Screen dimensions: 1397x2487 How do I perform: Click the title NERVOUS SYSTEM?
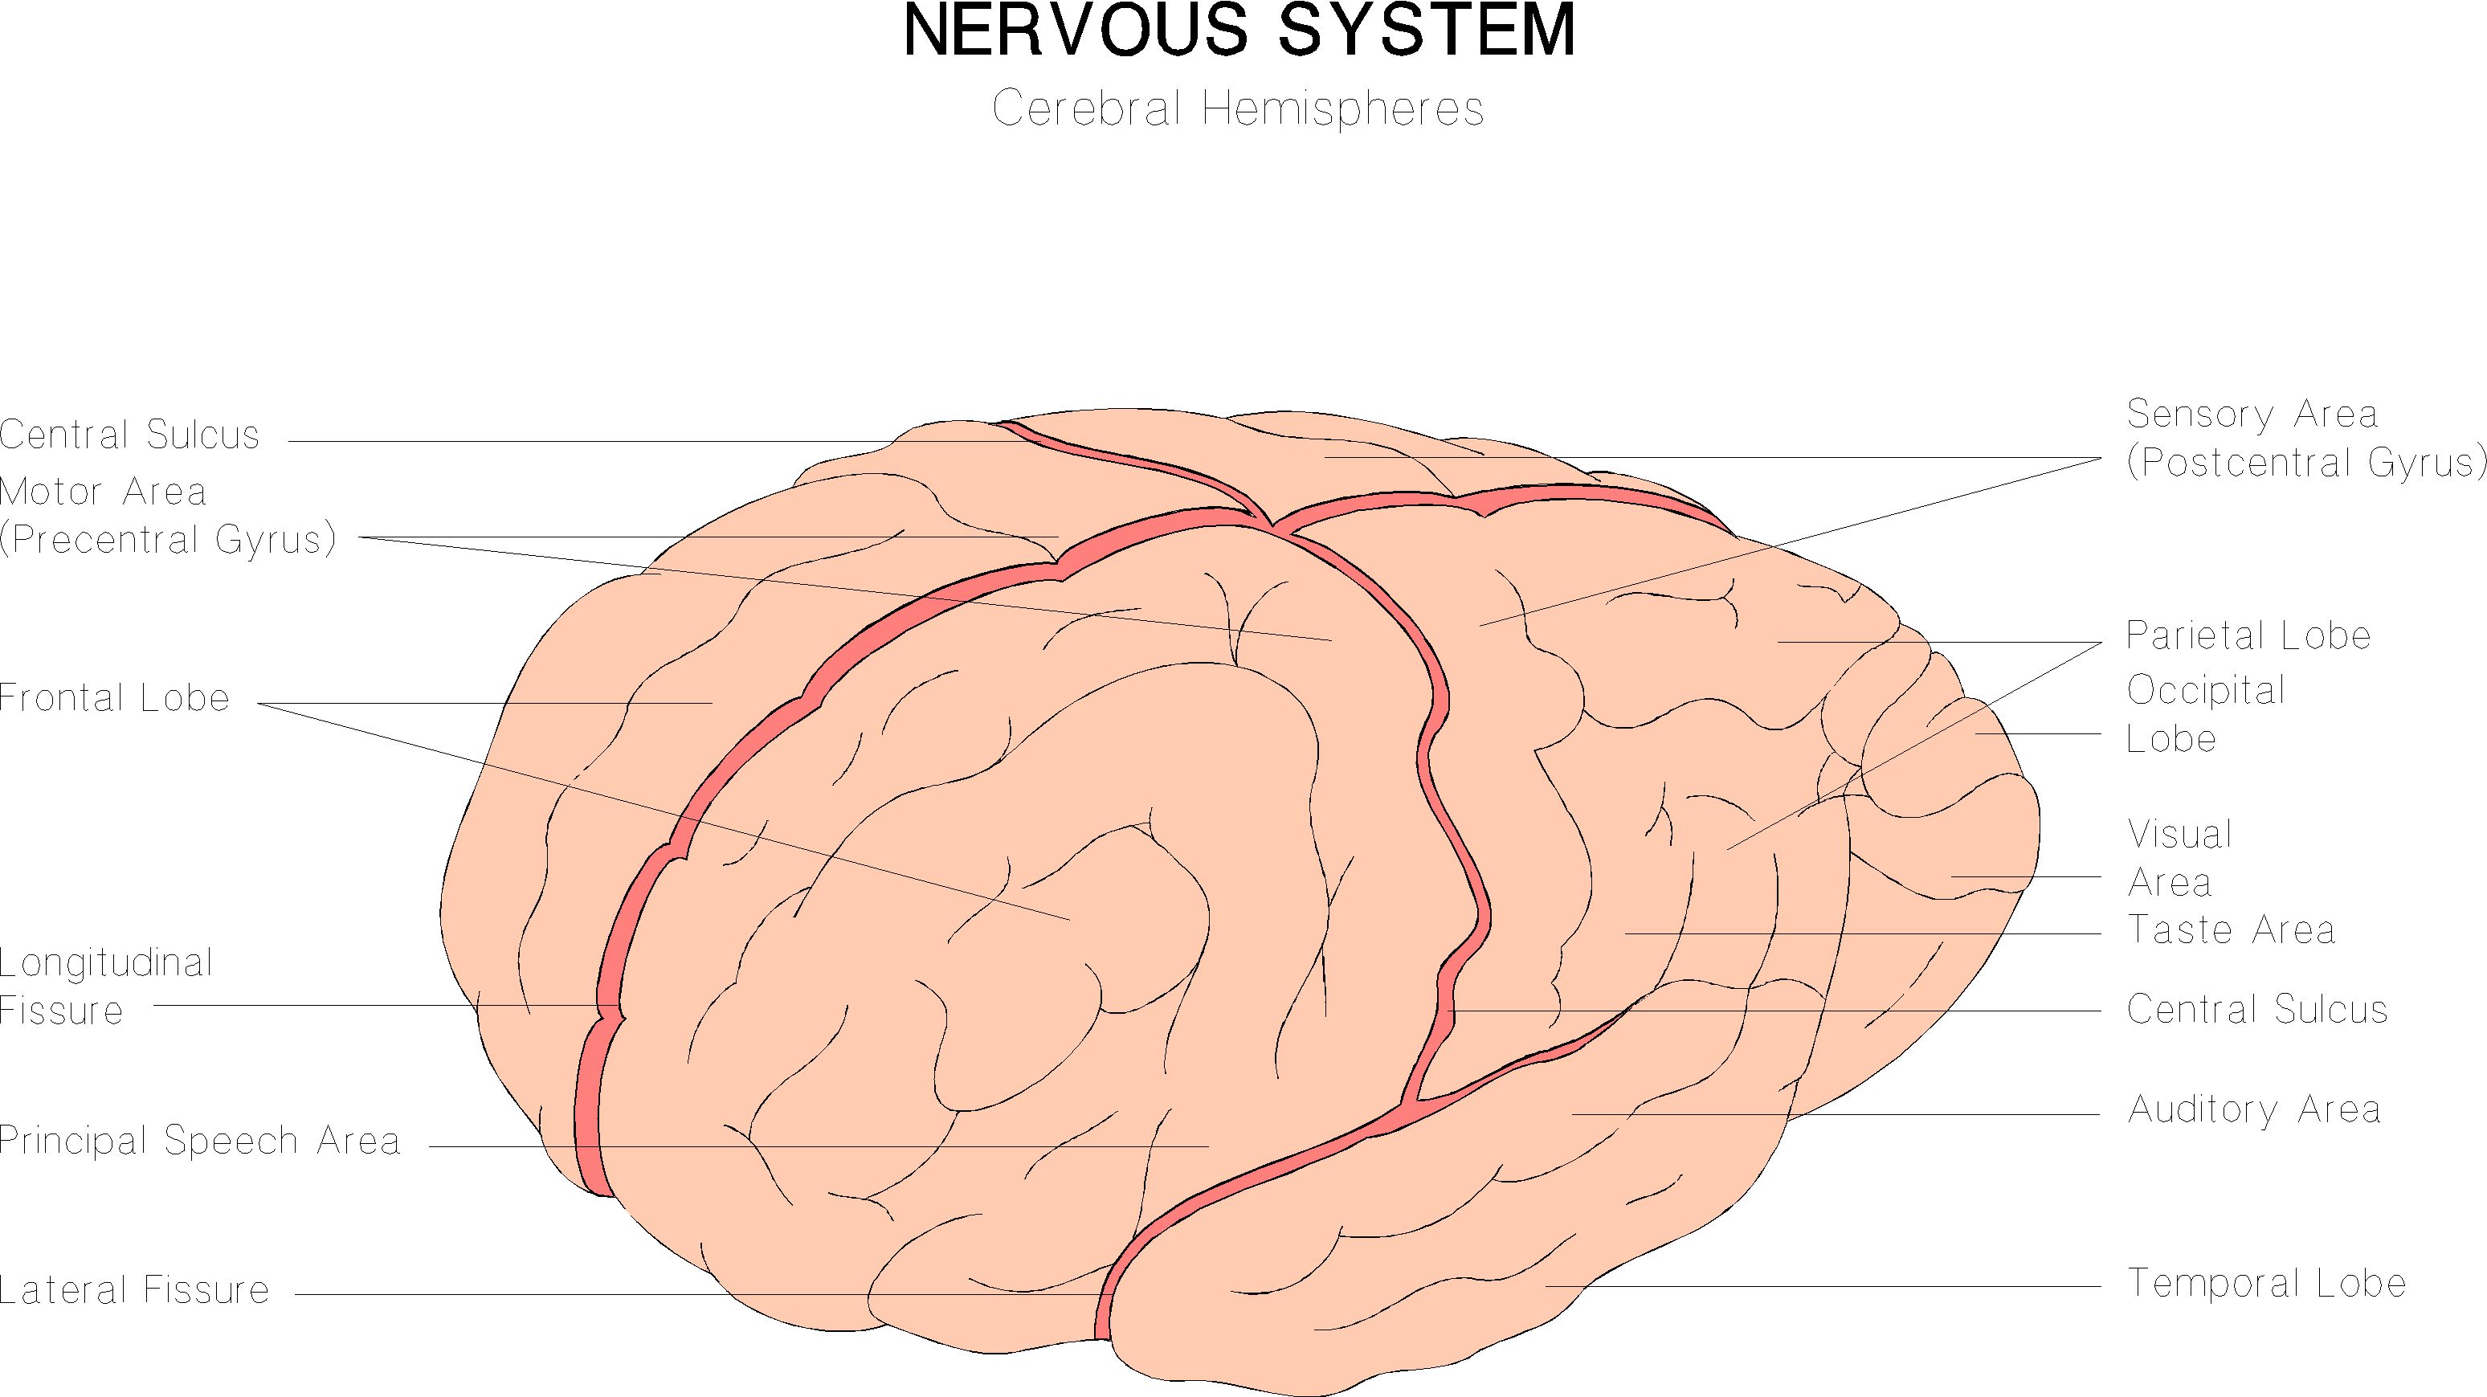click(x=1239, y=31)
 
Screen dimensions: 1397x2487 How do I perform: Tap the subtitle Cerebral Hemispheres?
click(x=1238, y=108)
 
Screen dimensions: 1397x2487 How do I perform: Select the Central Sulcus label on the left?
click(x=129, y=435)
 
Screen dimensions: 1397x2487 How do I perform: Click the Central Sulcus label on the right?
click(x=2257, y=1009)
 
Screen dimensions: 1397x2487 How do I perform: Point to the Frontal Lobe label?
click(x=114, y=698)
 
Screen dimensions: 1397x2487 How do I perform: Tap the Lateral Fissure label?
click(x=134, y=1290)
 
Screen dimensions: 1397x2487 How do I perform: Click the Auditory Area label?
click(x=2254, y=1109)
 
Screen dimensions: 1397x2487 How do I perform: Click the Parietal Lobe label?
click(x=2248, y=635)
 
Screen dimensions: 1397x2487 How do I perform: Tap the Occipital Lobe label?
click(x=2205, y=714)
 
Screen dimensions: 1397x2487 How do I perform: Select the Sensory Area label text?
click(x=2252, y=415)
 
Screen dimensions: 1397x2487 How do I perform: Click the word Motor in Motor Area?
click(x=49, y=492)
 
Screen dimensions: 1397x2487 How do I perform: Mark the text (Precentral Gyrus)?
click(x=167, y=540)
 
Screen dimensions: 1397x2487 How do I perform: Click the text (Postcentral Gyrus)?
click(x=2305, y=463)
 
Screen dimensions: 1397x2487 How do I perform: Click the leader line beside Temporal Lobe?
click(x=1825, y=1286)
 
